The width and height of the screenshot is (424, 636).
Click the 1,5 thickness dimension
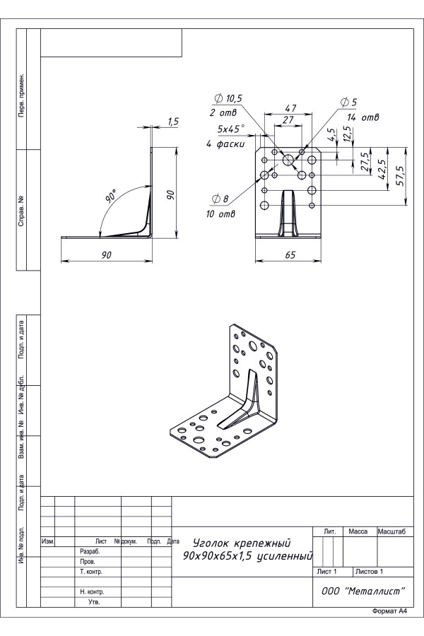[x=173, y=122]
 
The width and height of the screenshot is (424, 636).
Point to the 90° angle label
[x=111, y=196]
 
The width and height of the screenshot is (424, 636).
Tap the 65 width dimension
[x=290, y=254]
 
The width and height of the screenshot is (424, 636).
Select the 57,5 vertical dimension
[x=400, y=175]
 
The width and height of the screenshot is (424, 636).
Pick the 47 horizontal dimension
[x=290, y=108]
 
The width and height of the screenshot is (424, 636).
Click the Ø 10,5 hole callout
[x=228, y=98]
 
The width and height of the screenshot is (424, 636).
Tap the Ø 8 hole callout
[x=220, y=199]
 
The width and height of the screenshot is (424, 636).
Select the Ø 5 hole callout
[x=348, y=102]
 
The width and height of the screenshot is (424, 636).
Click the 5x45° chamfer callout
[x=231, y=129]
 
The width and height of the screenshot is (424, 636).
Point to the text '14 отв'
[x=363, y=117]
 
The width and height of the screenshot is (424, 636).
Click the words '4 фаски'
[x=225, y=143]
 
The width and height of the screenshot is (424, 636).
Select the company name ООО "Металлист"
[x=363, y=591]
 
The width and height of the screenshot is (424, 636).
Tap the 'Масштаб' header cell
[x=391, y=531]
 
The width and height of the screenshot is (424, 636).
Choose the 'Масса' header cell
[x=358, y=531]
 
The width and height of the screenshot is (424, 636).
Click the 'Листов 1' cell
[x=369, y=572]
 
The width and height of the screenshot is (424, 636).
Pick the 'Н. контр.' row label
[x=92, y=591]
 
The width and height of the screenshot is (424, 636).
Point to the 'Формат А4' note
[x=389, y=611]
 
